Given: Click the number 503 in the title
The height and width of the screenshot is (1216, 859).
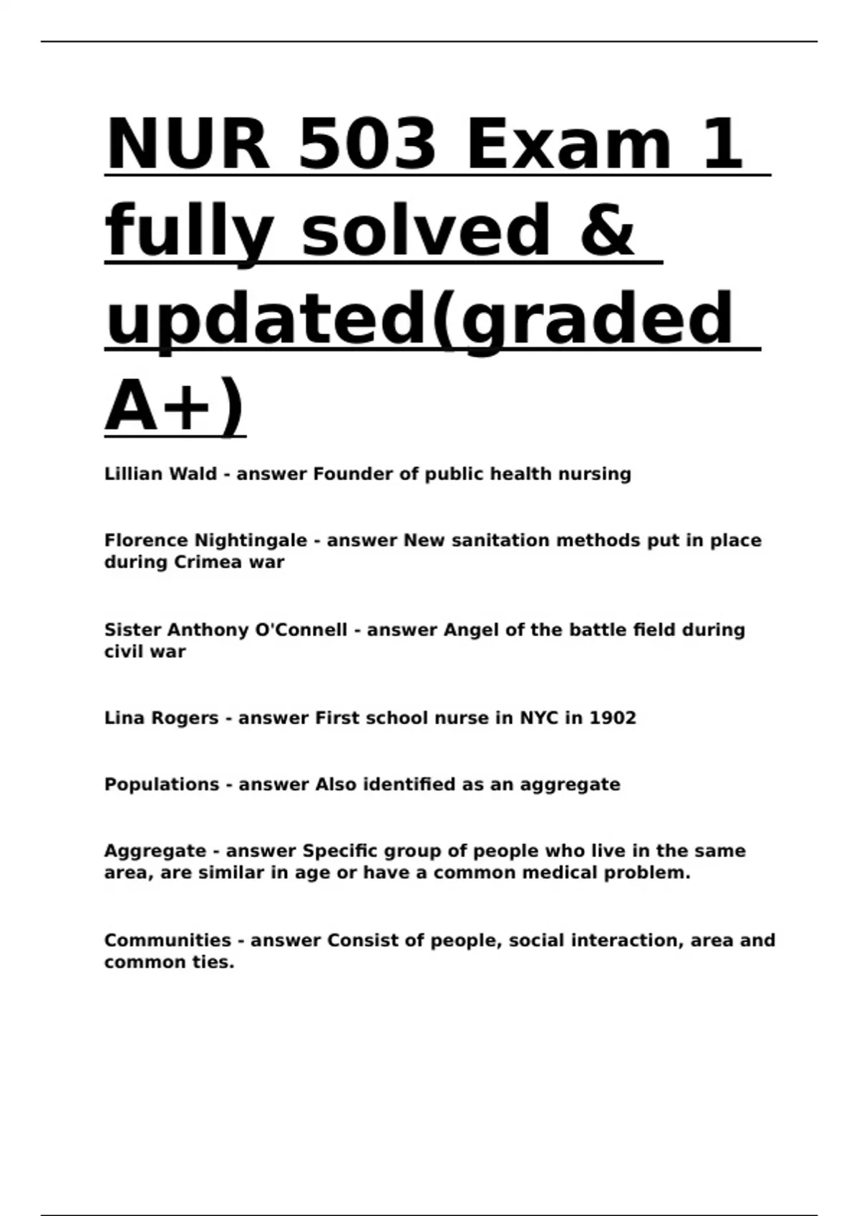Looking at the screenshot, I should point(366,144).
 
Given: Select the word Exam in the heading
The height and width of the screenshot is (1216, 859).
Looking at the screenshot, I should point(568,144).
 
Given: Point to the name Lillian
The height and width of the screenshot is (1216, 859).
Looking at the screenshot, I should point(133,474).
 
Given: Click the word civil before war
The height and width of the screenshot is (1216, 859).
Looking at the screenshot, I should point(124,652).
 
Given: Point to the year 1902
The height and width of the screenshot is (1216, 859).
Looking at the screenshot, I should point(612,718).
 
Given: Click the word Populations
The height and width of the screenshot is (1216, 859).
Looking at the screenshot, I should point(162,785).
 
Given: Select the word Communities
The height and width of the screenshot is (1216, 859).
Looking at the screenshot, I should point(168,941).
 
